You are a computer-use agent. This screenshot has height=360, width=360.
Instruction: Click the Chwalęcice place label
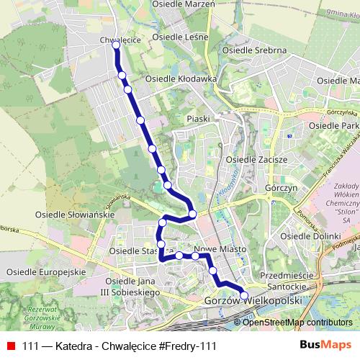116,31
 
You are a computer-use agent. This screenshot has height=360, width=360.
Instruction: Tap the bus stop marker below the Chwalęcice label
116,45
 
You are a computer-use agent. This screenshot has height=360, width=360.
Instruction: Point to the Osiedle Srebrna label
255,50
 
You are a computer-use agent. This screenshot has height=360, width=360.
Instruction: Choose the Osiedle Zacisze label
257,159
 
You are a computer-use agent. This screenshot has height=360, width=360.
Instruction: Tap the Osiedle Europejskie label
42,271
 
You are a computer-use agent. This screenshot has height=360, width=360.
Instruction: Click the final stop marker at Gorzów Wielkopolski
243,294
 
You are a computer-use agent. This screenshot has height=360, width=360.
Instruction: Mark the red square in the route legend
11,346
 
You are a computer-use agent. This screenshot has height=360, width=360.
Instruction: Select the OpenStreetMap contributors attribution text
297,323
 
